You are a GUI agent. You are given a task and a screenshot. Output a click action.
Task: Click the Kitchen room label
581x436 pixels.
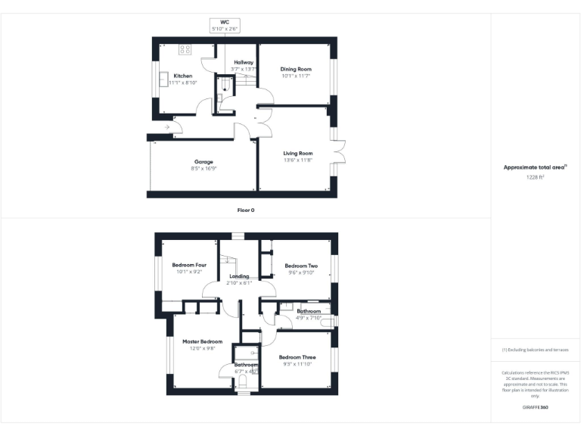click(182, 76)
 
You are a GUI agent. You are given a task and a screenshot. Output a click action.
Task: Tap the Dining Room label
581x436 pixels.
click(296, 69)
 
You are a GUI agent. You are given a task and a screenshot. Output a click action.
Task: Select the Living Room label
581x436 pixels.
click(297, 153)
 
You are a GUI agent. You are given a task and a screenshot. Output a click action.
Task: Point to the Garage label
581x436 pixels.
click(204, 161)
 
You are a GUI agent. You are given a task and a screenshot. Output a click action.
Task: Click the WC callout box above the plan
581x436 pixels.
click(225, 26)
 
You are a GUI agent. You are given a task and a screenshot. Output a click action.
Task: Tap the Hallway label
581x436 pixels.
click(243, 62)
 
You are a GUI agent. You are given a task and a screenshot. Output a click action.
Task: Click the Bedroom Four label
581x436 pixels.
click(189, 265)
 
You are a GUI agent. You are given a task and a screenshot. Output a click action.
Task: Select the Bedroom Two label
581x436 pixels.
click(300, 266)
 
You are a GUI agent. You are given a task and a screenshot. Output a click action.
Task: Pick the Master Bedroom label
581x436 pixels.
click(202, 341)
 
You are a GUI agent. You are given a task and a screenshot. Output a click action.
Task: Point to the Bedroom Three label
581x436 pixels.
click(297, 357)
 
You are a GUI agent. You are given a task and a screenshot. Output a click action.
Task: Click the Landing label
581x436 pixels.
click(238, 276)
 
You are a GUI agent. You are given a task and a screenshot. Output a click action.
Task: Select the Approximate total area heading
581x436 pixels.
click(535, 167)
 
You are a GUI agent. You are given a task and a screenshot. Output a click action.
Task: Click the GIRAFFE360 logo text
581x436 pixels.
click(535, 407)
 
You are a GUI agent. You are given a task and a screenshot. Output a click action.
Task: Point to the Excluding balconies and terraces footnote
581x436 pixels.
click(535, 350)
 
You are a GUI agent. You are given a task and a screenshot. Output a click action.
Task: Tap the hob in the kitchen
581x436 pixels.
click(183, 50)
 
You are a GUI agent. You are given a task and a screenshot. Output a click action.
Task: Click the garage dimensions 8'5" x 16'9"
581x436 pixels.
click(204, 169)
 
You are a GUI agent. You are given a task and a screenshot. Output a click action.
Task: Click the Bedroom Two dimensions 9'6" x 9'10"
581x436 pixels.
click(300, 273)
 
